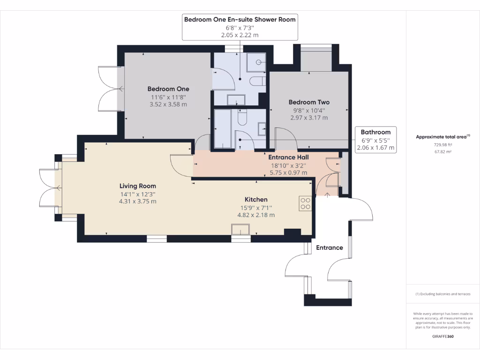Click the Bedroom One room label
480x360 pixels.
(x=168, y=89)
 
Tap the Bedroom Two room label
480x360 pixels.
(x=309, y=102)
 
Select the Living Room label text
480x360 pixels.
(x=137, y=186)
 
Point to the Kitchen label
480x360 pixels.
(x=256, y=199)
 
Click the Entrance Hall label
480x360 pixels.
(x=288, y=157)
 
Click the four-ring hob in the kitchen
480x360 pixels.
(x=305, y=203)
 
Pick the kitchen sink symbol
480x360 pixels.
(x=241, y=229)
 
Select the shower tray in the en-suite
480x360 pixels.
(x=257, y=61)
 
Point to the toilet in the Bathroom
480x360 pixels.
(x=242, y=118)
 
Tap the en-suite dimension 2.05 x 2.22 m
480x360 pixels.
(x=240, y=35)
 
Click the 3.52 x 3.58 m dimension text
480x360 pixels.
(x=168, y=104)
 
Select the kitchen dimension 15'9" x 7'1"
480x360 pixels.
(x=256, y=208)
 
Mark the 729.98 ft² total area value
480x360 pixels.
(x=442, y=145)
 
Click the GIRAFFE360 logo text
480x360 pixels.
(x=443, y=337)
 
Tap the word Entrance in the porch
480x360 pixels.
(x=329, y=247)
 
